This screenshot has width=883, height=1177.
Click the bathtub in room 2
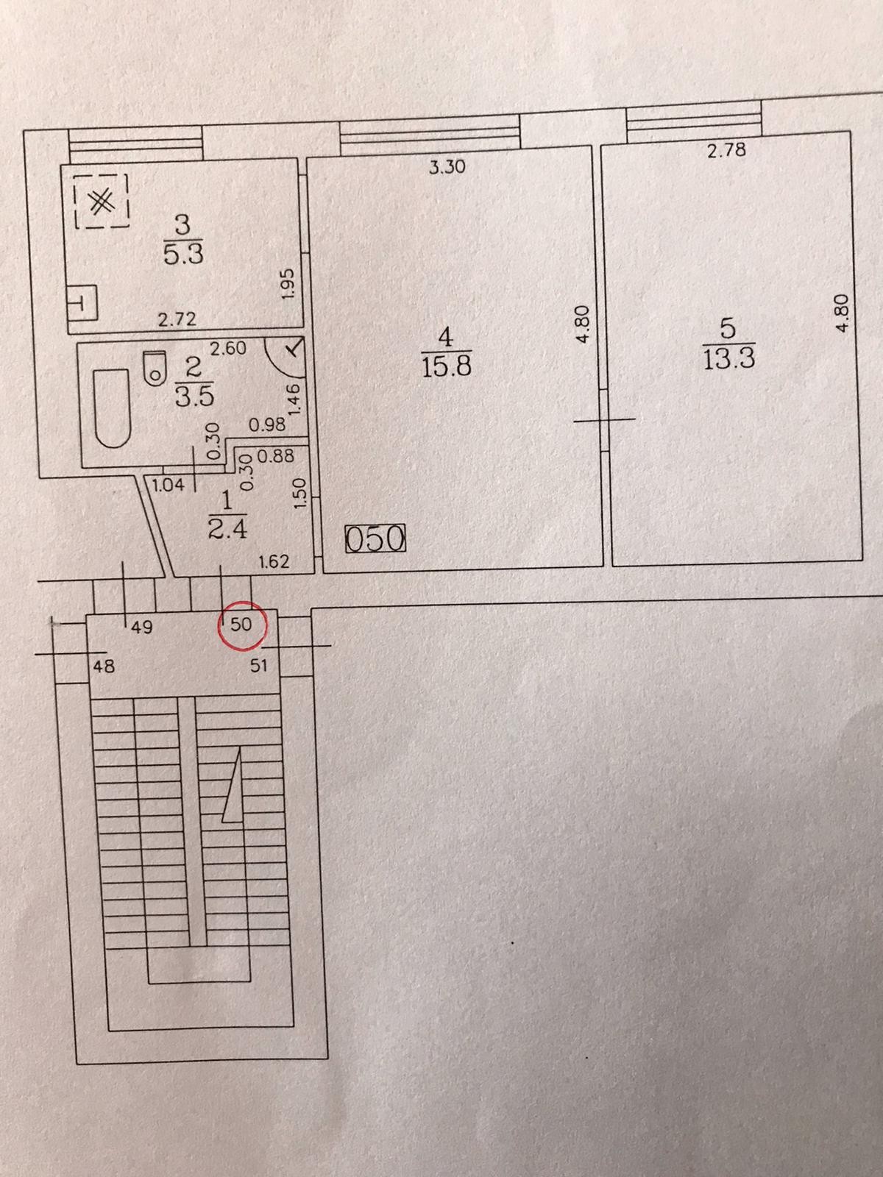pos(112,408)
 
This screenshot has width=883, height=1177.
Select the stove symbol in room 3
pos(102,202)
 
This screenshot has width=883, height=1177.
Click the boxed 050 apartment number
pos(375,539)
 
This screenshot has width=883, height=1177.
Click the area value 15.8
pos(446,366)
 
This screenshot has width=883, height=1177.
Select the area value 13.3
pos(729,359)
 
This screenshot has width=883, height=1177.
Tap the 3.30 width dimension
pos(447,167)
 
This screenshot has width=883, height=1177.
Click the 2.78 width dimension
pos(726,150)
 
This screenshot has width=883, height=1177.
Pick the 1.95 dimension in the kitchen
pos(288,282)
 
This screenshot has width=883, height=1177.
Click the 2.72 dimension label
pos(177,319)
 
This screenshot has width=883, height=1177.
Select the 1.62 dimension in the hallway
pos(274,562)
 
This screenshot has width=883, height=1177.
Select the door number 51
pos(259,666)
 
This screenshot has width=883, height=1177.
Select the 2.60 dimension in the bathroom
pos(228,349)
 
